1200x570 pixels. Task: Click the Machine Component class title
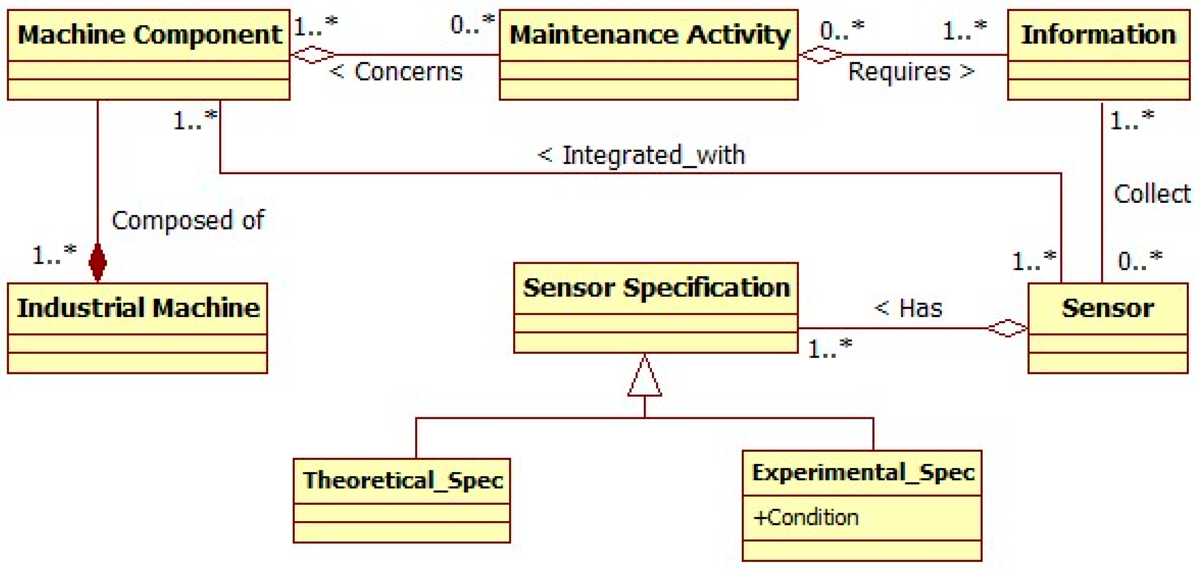pos(149,35)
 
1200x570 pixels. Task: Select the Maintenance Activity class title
pos(650,35)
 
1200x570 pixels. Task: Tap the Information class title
pos(1099,35)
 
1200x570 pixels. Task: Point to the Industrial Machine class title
pos(138,308)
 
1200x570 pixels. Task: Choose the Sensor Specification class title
pos(656,287)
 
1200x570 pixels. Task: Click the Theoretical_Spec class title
pos(403,480)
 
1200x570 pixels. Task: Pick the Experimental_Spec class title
pos(863,472)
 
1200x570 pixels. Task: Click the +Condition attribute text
pos(806,517)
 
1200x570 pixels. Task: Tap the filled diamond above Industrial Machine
pos(97,263)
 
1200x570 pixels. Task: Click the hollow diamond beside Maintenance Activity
pos(821,55)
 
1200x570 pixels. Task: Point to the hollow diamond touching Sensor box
pos(1007,328)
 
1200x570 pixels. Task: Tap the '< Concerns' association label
pos(396,72)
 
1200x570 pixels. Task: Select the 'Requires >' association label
pos(911,72)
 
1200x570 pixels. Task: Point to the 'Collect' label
pos(1151,194)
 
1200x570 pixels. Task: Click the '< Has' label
pos(908,308)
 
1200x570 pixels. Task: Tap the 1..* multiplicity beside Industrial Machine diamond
pos(54,254)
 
